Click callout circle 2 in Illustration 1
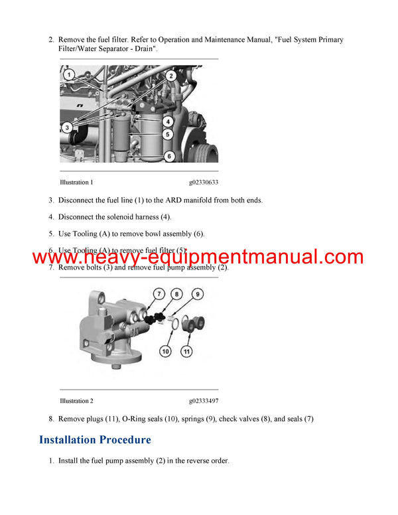(x=170, y=76)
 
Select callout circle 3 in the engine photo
(x=67, y=127)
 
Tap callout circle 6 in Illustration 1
(x=168, y=157)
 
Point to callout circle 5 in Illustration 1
(x=168, y=134)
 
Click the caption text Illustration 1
(x=76, y=183)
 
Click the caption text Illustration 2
(x=76, y=401)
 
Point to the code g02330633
(x=204, y=183)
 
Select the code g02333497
(x=204, y=401)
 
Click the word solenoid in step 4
(x=125, y=217)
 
